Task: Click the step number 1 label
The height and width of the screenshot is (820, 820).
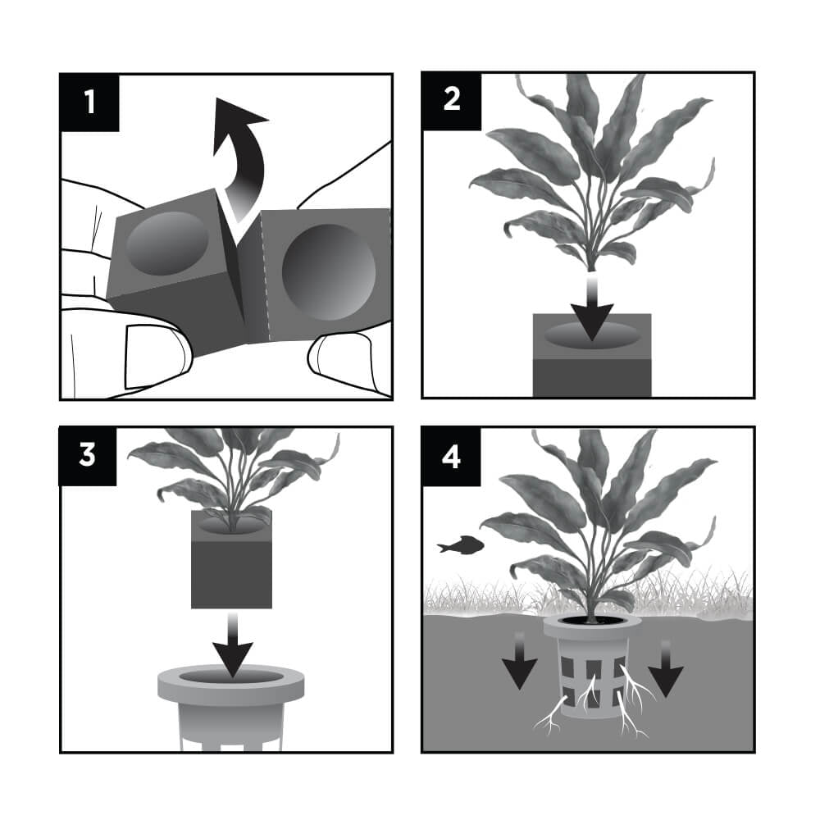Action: click(89, 102)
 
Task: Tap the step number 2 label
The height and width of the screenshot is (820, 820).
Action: click(452, 102)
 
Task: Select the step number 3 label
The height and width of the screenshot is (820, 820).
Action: click(89, 455)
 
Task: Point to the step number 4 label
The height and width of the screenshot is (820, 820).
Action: click(452, 455)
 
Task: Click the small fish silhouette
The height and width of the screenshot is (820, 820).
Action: click(460, 544)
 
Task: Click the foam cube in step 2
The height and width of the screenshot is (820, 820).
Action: click(591, 369)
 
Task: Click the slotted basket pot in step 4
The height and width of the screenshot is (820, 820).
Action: click(592, 668)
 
